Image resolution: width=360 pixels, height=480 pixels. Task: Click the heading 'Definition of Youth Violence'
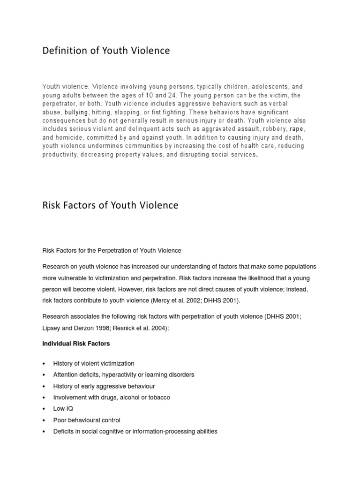106,51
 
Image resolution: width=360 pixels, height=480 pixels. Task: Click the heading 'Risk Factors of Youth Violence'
111,205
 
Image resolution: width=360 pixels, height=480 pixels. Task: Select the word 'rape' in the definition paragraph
296,129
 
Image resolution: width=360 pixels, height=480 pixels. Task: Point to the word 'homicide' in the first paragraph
72,137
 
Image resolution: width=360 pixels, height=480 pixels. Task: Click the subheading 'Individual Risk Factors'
76,344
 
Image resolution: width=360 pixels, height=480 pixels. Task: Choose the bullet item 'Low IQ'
63,409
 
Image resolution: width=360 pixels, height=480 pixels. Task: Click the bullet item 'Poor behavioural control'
87,420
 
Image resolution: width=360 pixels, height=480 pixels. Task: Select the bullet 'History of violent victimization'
94,363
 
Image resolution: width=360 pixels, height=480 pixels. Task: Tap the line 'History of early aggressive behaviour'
104,386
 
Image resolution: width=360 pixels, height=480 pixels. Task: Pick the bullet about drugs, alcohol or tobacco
112,397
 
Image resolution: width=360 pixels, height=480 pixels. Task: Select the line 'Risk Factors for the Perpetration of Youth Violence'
112,251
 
